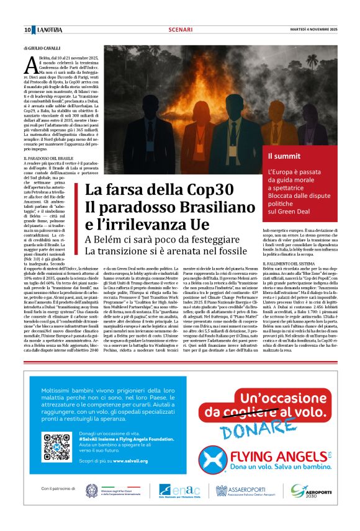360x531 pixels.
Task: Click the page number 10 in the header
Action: pyautogui.click(x=28, y=30)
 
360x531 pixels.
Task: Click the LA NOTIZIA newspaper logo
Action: pyautogui.click(x=49, y=30)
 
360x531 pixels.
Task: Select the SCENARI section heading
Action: pyautogui.click(x=180, y=30)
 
